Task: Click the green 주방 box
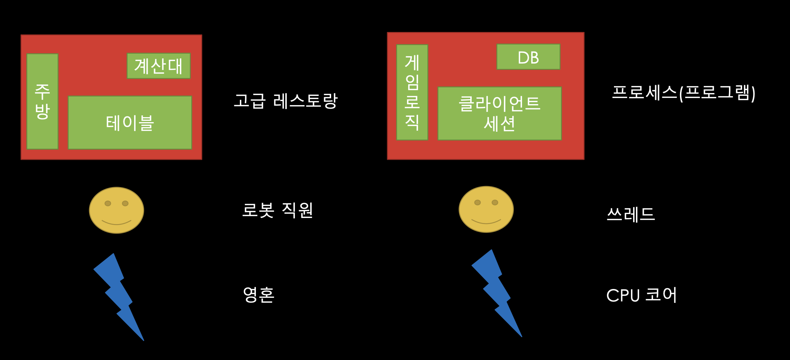point(42,102)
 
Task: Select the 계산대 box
point(159,66)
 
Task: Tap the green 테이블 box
point(130,122)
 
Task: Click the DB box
point(528,57)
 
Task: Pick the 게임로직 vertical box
point(412,92)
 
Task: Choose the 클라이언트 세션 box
point(499,113)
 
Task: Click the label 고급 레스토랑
point(286,101)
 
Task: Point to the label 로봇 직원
point(277,210)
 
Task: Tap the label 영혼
point(258,295)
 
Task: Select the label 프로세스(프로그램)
point(684,93)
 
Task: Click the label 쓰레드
point(631,214)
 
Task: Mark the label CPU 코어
point(641,295)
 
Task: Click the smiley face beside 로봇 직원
point(116,210)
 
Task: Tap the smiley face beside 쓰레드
point(486,209)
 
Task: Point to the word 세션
point(499,124)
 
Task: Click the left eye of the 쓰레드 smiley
point(477,202)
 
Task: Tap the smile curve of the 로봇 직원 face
point(116,223)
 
